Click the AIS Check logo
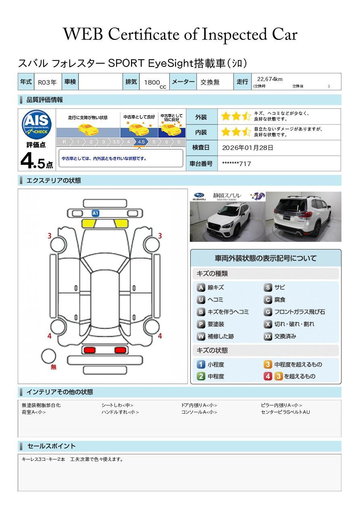pyautogui.click(x=37, y=124)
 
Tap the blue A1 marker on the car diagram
pyautogui.click(x=95, y=213)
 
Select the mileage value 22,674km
pyautogui.click(x=270, y=79)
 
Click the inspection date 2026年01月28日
pyautogui.click(x=248, y=148)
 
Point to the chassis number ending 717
pyautogui.click(x=236, y=164)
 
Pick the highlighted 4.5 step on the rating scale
pyautogui.click(x=141, y=142)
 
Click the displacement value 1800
pyautogui.click(x=152, y=82)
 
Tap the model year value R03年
pyautogui.click(x=47, y=82)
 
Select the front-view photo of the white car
pyautogui.click(x=227, y=222)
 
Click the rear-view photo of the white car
pyautogui.click(x=304, y=216)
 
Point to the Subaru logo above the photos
pyautogui.click(x=199, y=196)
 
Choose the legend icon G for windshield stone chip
pyautogui.click(x=268, y=312)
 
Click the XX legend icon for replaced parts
pyautogui.click(x=268, y=336)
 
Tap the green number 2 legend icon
pyautogui.click(x=201, y=376)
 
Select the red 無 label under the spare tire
pyautogui.click(x=53, y=367)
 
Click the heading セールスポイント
pyautogui.click(x=51, y=446)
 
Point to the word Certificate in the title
pyautogui.click(x=144, y=34)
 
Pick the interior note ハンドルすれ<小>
pyautogui.click(x=120, y=412)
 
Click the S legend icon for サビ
pyautogui.click(x=268, y=287)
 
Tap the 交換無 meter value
pyautogui.click(x=210, y=82)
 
